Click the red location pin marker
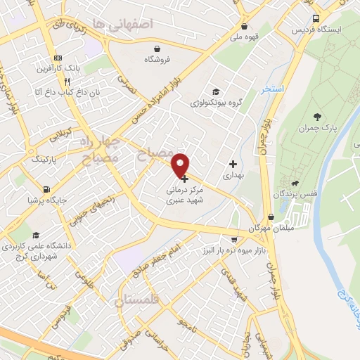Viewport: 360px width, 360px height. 181,165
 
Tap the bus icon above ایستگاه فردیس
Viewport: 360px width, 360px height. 315,18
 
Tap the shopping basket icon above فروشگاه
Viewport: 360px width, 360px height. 157,49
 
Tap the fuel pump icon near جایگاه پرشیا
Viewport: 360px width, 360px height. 46,189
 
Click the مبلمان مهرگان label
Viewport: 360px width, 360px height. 265,229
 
